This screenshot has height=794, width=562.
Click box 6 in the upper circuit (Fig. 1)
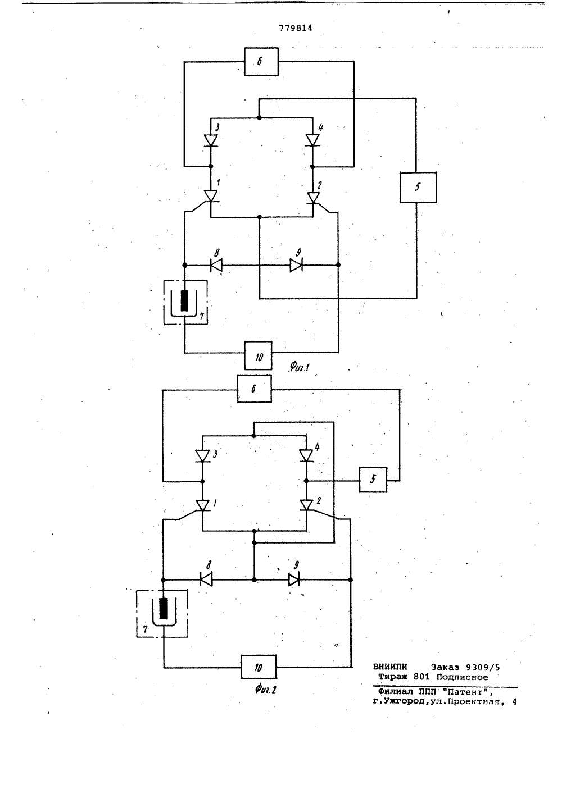pyautogui.click(x=261, y=62)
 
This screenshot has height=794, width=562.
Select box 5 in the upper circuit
pyautogui.click(x=418, y=188)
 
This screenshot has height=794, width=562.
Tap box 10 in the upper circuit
pyautogui.click(x=259, y=355)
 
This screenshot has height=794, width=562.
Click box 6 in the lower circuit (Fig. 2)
pyautogui.click(x=255, y=389)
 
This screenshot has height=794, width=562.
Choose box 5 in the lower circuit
pyautogui.click(x=373, y=480)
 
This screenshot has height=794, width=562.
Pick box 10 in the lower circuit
pyautogui.click(x=259, y=667)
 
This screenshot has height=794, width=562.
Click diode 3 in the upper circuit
pyautogui.click(x=211, y=141)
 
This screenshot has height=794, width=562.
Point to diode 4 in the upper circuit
pyautogui.click(x=312, y=140)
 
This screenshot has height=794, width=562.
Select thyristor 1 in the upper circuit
pyautogui.click(x=211, y=196)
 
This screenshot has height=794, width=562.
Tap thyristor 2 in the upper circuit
pyautogui.click(x=313, y=198)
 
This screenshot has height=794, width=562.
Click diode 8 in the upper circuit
pyautogui.click(x=216, y=265)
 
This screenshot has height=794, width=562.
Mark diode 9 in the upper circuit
pyautogui.click(x=296, y=265)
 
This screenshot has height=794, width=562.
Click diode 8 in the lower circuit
pyautogui.click(x=206, y=579)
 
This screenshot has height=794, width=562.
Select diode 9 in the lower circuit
pyautogui.click(x=294, y=579)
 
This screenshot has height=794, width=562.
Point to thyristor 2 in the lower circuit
pyautogui.click(x=306, y=505)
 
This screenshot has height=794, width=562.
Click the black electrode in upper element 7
pyautogui.click(x=184, y=300)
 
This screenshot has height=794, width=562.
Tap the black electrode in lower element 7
pyautogui.click(x=164, y=608)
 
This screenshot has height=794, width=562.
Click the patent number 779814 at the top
pyautogui.click(x=296, y=28)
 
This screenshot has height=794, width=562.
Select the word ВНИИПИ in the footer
pyautogui.click(x=390, y=667)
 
